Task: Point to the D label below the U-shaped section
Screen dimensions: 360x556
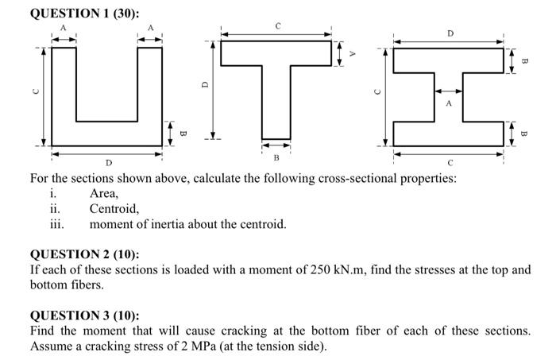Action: (109, 163)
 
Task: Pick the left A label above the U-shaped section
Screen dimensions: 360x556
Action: (64, 28)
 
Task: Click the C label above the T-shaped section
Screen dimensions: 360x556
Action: (277, 26)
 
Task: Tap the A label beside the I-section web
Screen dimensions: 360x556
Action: (449, 103)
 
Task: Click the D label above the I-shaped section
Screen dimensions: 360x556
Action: (450, 33)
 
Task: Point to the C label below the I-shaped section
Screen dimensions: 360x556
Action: (450, 163)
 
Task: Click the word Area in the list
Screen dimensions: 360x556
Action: (104, 193)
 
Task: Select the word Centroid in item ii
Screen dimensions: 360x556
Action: (114, 209)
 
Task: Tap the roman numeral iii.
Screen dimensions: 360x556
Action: (56, 225)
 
